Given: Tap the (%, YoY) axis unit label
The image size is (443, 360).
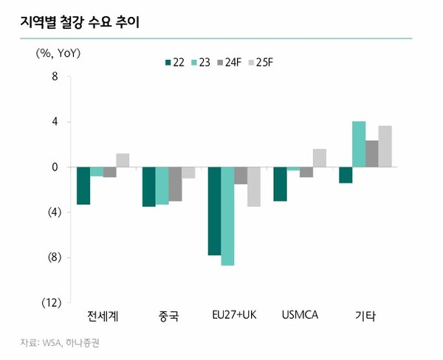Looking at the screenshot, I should (x=58, y=53).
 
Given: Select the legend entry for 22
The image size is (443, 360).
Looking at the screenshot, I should (x=174, y=61).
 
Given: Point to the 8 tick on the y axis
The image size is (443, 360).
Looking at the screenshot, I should (x=55, y=76).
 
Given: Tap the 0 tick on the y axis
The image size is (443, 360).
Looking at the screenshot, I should (x=55, y=167).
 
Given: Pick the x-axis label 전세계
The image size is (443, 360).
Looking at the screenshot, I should (x=103, y=317).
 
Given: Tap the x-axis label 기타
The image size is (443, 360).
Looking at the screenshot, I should (x=365, y=317).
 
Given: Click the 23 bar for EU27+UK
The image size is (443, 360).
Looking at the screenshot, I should (x=227, y=215).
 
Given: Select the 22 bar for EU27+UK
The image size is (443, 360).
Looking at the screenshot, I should (x=214, y=211).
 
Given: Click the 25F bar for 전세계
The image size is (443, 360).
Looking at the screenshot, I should (x=123, y=160).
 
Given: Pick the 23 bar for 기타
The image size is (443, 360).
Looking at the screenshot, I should (x=359, y=144).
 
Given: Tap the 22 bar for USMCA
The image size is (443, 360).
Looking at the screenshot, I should (x=280, y=184).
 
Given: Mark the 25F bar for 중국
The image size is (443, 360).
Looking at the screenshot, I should (x=188, y=173).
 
